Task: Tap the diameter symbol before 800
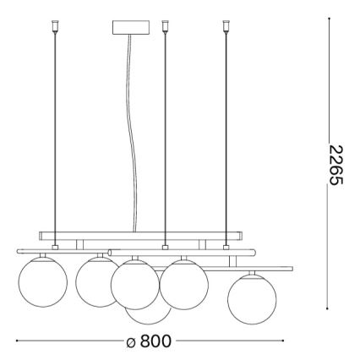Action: pos(131,342)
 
